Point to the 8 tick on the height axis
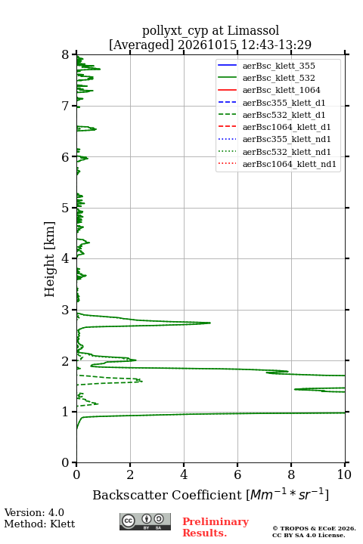74,54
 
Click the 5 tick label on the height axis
65,209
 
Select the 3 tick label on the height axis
65,310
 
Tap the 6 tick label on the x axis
237,474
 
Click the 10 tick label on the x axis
344,474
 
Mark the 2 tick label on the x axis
130,474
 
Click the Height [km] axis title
49,259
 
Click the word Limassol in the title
253,30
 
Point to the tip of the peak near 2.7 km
210,323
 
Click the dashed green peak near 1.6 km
141,381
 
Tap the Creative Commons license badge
145,521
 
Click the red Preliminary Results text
216,527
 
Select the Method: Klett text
39,524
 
